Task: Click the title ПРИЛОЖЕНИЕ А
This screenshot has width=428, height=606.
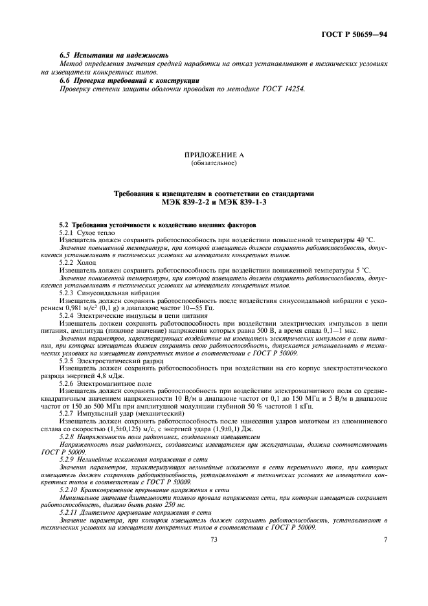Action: [x=214, y=155]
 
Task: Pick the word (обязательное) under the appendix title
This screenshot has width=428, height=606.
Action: [x=214, y=163]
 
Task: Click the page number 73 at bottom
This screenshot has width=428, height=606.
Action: [x=214, y=539]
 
